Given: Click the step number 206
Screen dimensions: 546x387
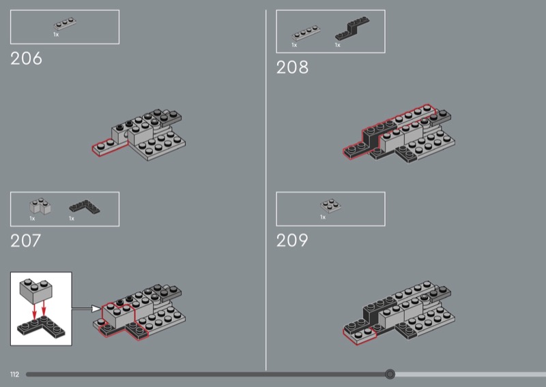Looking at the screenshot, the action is (26, 59).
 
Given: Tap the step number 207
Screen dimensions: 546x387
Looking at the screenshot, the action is (26, 241).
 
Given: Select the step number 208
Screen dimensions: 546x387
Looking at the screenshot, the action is (292, 67).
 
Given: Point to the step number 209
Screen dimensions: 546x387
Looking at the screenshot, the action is (292, 241).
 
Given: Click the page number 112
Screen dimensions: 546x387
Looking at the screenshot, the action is (14, 374).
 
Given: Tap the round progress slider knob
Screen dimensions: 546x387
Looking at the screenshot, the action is (390, 374).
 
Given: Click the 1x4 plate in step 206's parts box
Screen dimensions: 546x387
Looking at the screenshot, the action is (65, 24).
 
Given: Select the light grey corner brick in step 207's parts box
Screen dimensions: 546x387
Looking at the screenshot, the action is (40, 206).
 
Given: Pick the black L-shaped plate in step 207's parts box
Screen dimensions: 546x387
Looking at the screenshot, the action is (85, 206).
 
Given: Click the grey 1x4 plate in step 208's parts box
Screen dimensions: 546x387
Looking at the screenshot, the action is (306, 33).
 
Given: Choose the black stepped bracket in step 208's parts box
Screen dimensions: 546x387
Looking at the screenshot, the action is (352, 28).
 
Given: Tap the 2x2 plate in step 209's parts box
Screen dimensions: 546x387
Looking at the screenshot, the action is (330, 206).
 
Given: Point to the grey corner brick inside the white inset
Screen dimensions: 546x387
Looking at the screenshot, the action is (36, 290).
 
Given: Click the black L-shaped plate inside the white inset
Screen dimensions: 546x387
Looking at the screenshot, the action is (41, 327).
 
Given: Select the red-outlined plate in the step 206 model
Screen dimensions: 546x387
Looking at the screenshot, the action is (109, 146).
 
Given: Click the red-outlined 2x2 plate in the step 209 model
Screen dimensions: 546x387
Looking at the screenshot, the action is (360, 334).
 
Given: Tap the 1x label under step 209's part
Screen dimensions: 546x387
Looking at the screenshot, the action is (323, 217).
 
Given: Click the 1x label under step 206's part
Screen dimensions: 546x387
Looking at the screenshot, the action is (56, 35).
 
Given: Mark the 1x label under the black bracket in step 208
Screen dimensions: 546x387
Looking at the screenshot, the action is (337, 45).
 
